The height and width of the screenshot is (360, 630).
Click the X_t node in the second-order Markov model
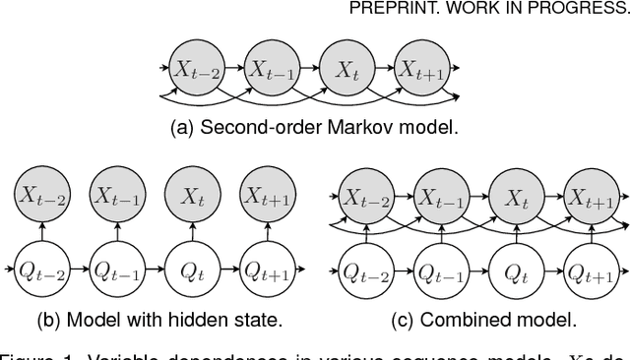(x=346, y=69)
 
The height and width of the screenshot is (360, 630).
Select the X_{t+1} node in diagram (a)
(x=420, y=69)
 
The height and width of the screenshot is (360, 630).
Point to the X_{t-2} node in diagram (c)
(x=365, y=197)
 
